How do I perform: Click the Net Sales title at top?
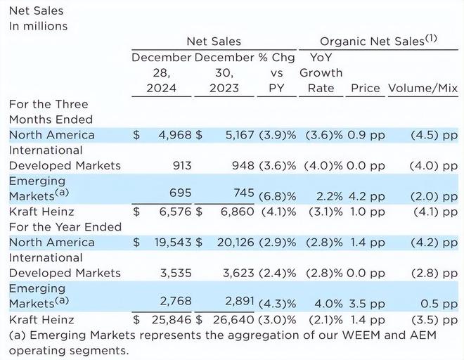[x=36, y=11]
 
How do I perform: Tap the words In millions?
[x=38, y=26]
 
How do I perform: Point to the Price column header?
[x=365, y=88]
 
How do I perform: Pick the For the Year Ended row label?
[x=65, y=226]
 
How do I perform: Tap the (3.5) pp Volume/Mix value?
[x=433, y=319]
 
